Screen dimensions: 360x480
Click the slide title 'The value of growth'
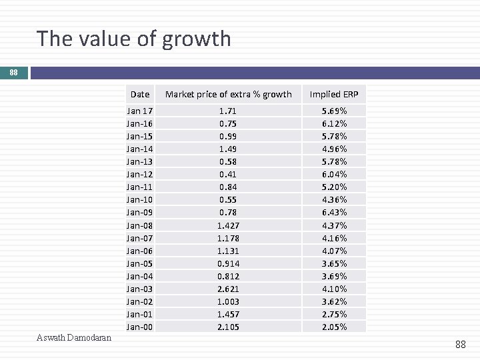tap(134, 39)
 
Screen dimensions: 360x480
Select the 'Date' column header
tap(140, 95)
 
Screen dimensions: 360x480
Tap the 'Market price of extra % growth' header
tap(228, 95)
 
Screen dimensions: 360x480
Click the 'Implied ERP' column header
tap(334, 95)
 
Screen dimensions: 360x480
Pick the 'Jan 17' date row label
tap(139, 111)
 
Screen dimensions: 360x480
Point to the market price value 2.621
tap(228, 289)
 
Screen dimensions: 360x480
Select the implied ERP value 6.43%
tap(334, 212)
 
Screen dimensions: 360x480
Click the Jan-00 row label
tap(139, 327)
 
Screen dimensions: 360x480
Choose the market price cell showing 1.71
tap(228, 111)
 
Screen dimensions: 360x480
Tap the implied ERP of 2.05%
tap(334, 327)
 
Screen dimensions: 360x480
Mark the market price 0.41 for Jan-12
tap(228, 174)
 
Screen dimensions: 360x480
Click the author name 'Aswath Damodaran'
tap(74, 338)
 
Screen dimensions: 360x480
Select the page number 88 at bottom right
tap(460, 344)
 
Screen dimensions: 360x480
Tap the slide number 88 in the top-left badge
tap(14, 73)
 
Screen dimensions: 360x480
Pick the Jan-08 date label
tap(139, 225)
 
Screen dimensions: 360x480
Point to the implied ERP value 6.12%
tap(334, 123)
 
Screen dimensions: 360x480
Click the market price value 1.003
tap(228, 301)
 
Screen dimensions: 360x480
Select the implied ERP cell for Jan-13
tap(334, 161)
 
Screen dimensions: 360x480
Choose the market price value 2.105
tap(228, 327)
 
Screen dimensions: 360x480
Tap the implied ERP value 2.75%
tap(334, 314)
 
